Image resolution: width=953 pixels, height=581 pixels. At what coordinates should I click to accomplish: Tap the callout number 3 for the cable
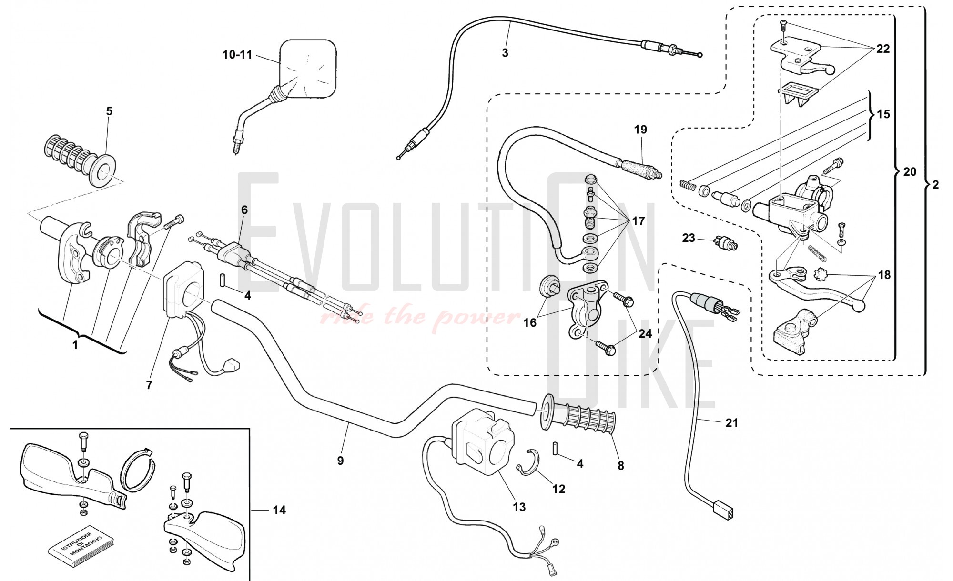(505, 53)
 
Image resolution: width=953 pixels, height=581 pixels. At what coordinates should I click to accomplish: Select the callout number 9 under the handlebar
(340, 461)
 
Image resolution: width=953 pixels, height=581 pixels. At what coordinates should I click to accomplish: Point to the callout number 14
(279, 510)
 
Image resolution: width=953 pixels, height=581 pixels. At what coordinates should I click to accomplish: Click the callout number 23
(689, 237)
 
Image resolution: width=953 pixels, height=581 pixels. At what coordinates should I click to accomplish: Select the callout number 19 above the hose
(641, 130)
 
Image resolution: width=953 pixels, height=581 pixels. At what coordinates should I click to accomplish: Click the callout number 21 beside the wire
(731, 422)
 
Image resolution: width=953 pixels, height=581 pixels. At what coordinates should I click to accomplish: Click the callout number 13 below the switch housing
(519, 507)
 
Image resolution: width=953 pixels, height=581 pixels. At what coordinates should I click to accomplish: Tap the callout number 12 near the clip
(558, 489)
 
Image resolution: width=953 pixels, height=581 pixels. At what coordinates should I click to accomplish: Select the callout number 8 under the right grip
(620, 465)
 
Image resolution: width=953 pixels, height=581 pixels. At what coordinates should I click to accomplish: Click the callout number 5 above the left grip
(109, 111)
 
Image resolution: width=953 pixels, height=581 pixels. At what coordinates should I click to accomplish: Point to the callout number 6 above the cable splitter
(244, 210)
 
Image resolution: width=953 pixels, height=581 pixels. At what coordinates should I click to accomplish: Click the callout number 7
(149, 385)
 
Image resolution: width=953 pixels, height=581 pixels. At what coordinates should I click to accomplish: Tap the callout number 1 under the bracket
(75, 345)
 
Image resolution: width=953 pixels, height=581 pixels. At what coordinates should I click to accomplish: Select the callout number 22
(883, 49)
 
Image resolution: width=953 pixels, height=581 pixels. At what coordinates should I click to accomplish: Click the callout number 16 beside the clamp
(530, 322)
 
